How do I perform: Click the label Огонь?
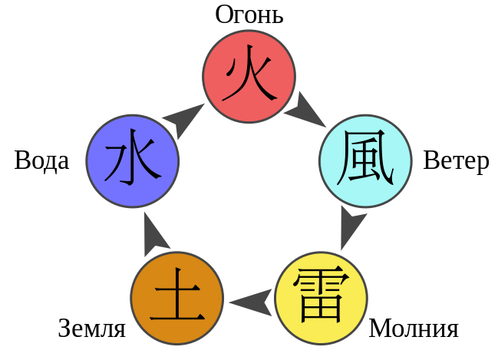coord(248,15)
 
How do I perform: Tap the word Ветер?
coord(456,162)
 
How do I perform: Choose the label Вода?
coord(41,160)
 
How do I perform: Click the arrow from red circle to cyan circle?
coord(306,112)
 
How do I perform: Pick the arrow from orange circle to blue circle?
coord(157,233)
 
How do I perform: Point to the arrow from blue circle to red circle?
coord(184,117)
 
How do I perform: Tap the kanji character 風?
coord(364,160)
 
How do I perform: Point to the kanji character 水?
coord(131,161)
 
